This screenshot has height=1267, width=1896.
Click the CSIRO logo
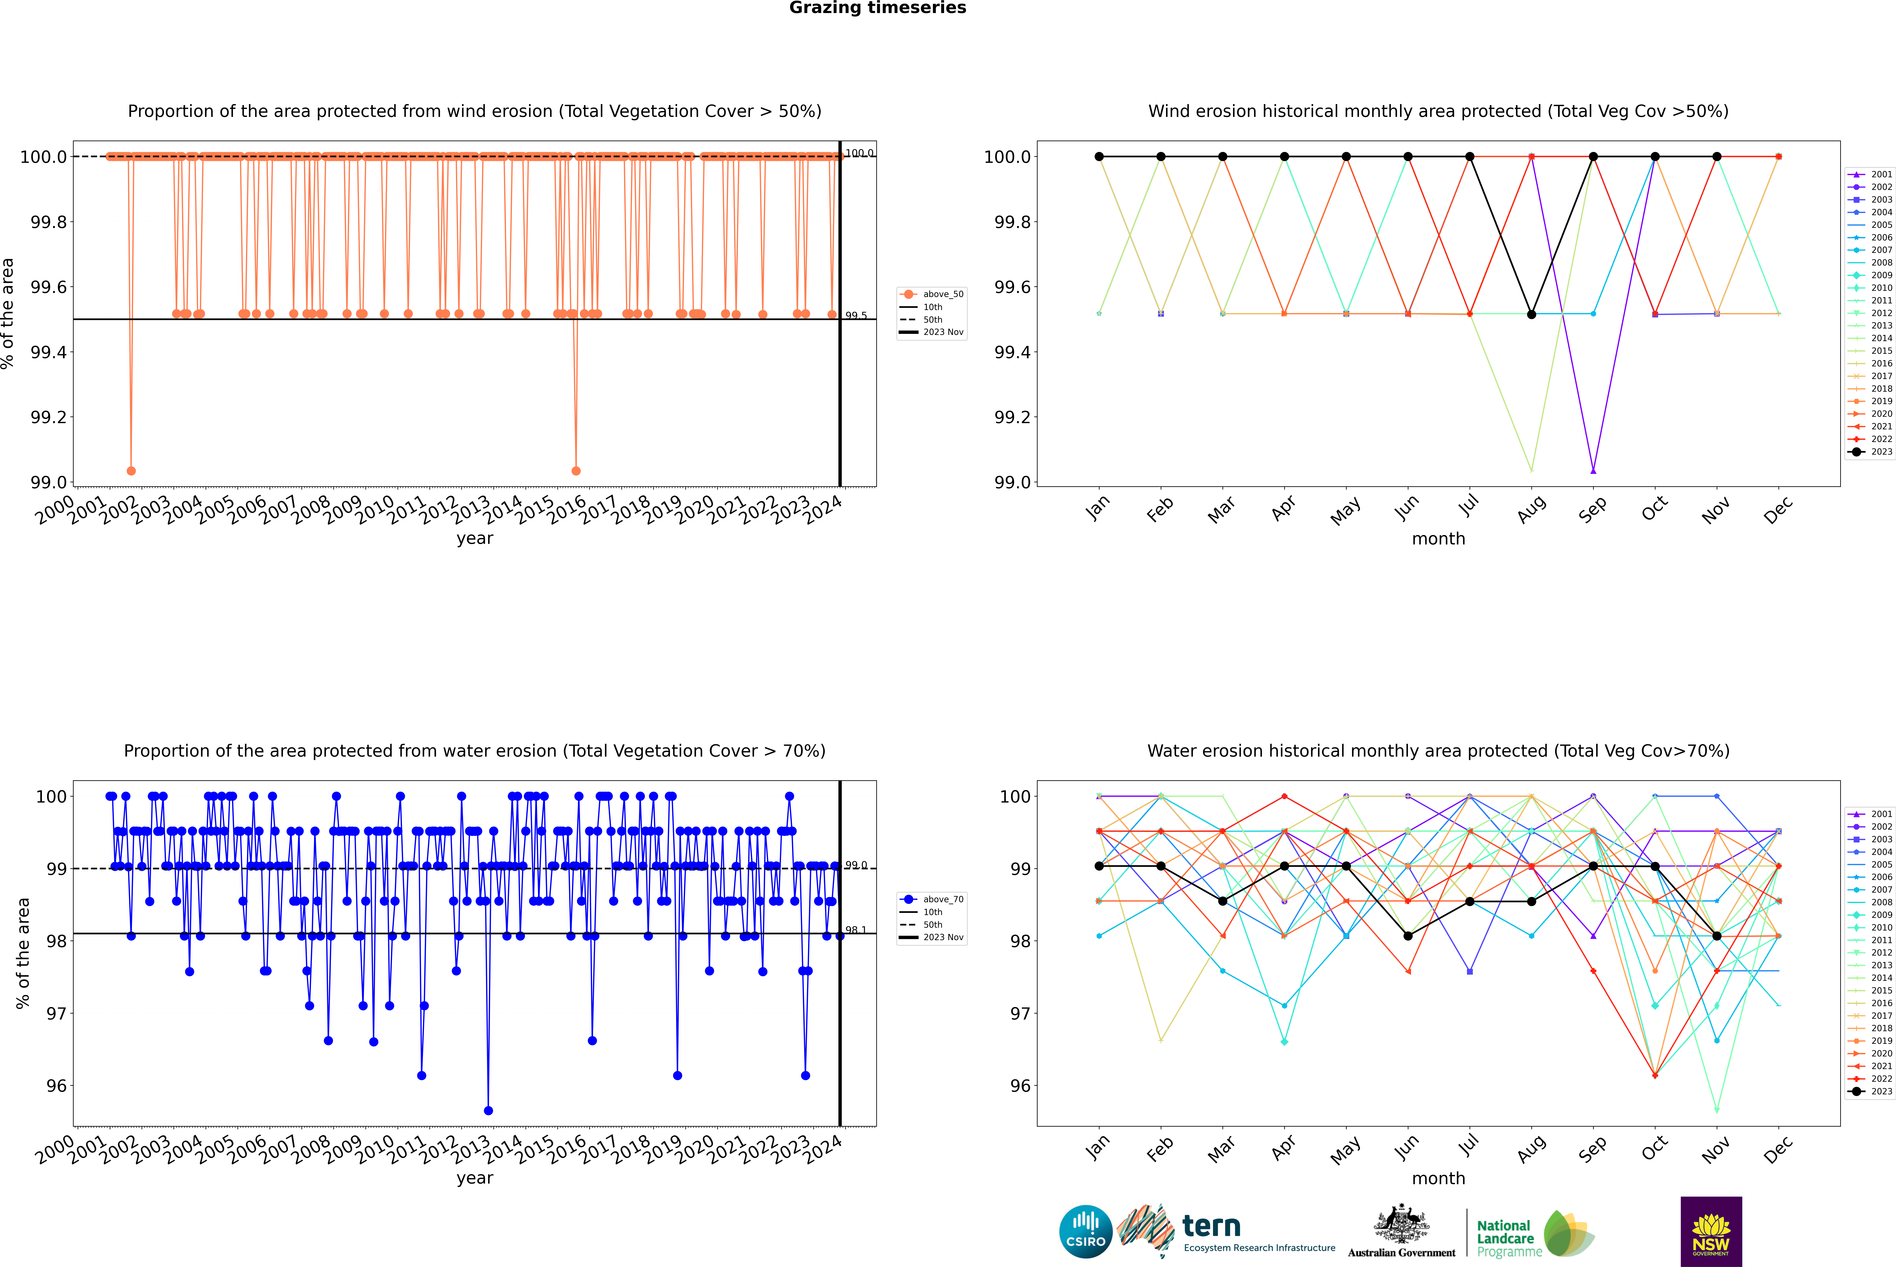[1085, 1232]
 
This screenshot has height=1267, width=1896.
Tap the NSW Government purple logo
[1711, 1232]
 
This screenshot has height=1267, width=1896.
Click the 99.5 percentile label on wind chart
[856, 316]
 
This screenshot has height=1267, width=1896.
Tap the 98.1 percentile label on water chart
[856, 930]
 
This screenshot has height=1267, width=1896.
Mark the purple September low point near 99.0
[1593, 470]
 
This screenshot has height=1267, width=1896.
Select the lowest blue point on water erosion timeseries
[488, 1110]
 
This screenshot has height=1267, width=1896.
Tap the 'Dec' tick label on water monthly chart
[1778, 1149]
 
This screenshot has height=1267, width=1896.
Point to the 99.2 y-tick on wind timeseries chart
[49, 417]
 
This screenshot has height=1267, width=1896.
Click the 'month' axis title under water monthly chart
[1438, 1178]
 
